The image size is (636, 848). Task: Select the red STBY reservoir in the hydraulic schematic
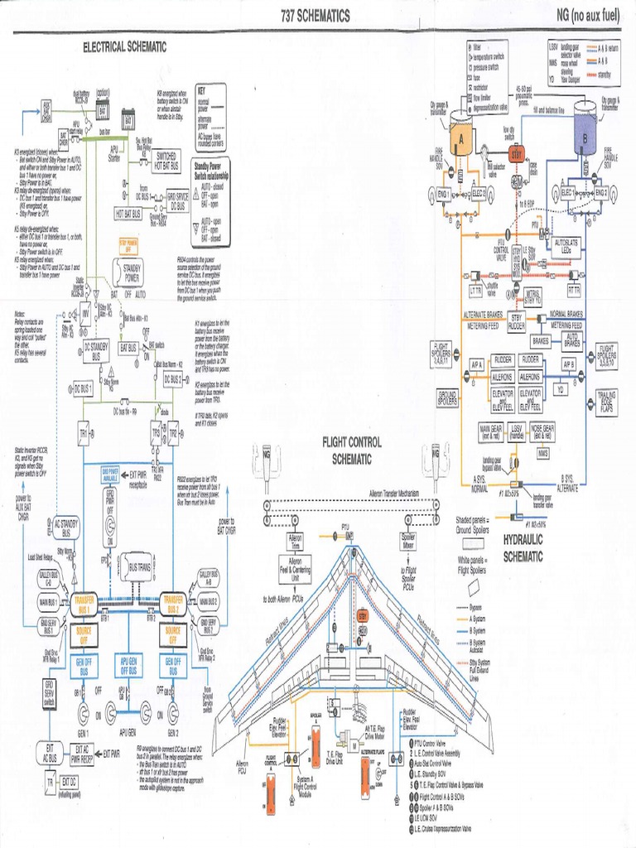coord(516,156)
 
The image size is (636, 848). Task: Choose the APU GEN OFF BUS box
coord(128,666)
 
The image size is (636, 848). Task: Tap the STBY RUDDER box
coord(516,321)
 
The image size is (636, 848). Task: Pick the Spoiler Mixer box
coord(408,542)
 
